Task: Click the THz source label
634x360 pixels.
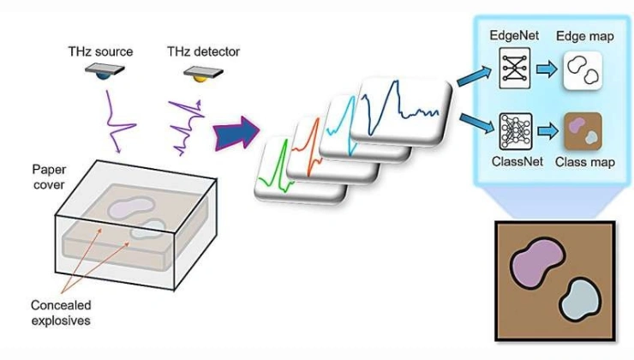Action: pos(100,52)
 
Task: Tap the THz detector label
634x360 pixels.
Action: pos(201,52)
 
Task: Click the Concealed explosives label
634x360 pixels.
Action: pos(59,313)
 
